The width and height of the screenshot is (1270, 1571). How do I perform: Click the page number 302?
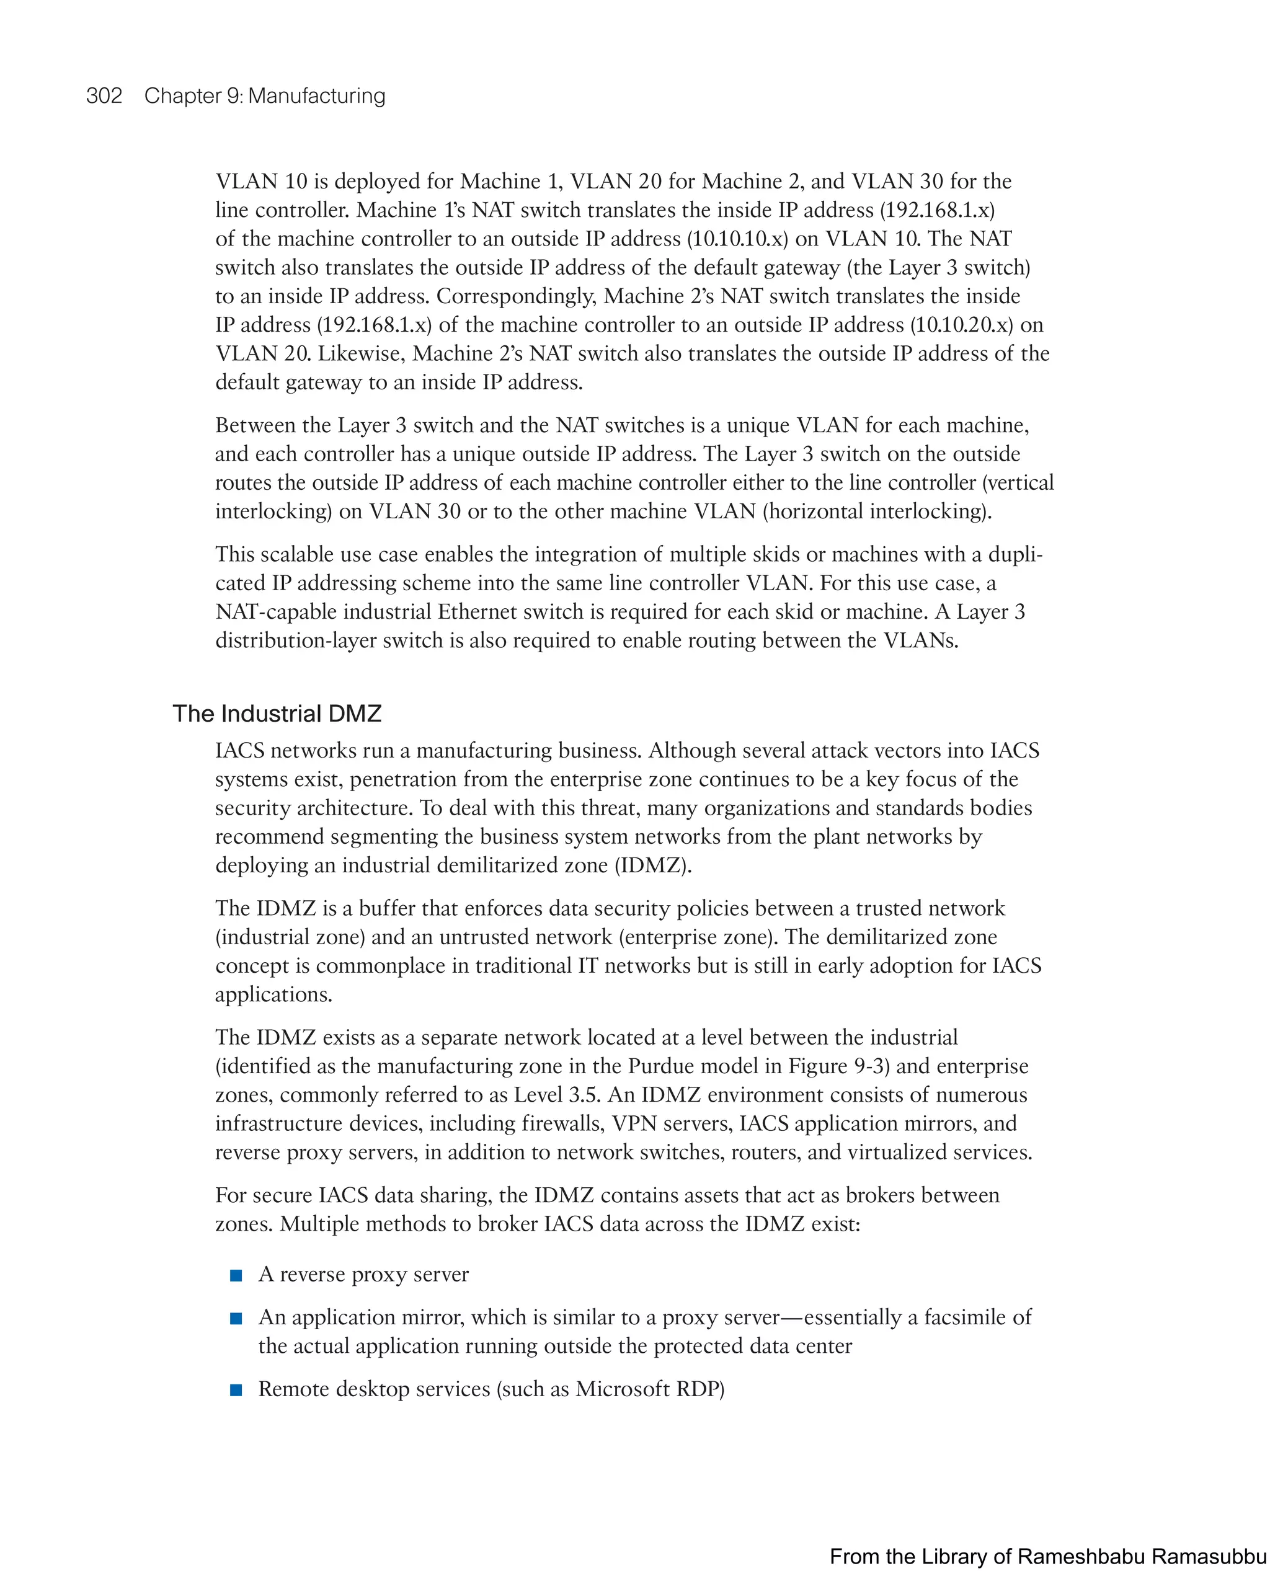tap(104, 96)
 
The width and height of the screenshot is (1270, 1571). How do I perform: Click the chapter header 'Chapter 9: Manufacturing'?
tap(264, 96)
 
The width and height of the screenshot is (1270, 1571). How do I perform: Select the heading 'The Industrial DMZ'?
tap(277, 713)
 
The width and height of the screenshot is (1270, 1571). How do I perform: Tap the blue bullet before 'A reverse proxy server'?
tap(236, 1275)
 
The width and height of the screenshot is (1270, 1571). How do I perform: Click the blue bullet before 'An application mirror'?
tap(236, 1319)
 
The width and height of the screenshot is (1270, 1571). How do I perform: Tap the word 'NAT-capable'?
tap(273, 611)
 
